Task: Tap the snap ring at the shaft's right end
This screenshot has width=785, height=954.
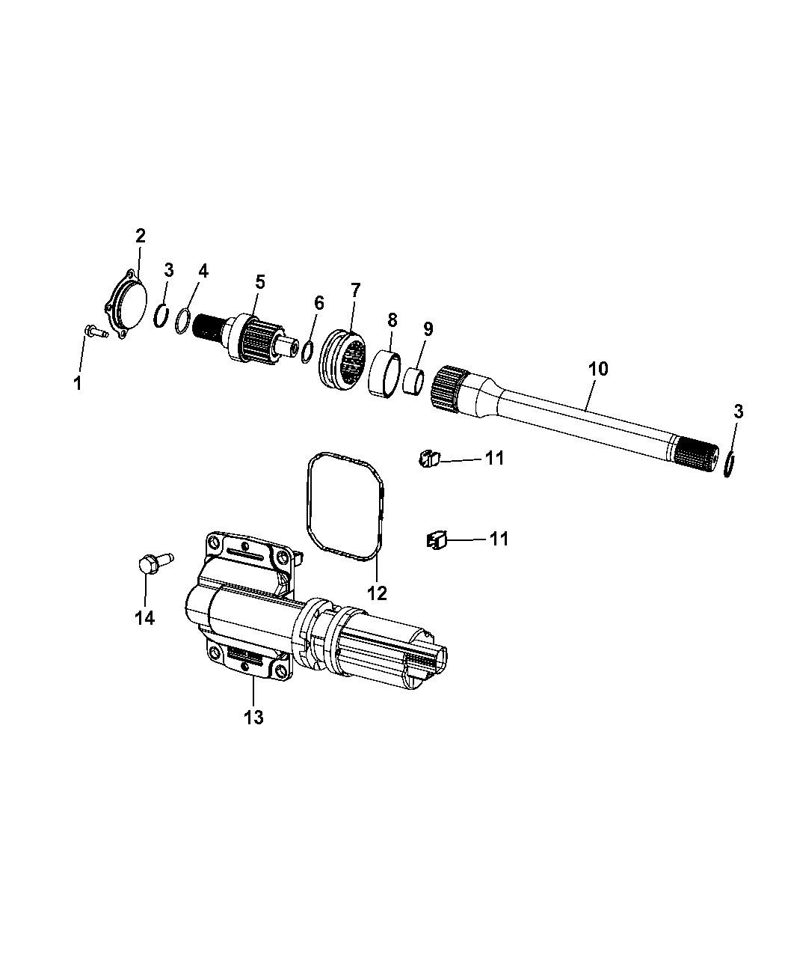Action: pos(730,464)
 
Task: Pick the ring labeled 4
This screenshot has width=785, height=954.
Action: pos(183,325)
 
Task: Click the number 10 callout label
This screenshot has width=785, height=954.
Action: pos(598,368)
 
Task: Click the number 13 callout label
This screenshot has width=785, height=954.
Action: pos(253,717)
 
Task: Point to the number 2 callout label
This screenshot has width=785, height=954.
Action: pos(140,236)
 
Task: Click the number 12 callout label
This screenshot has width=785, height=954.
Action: pos(377,593)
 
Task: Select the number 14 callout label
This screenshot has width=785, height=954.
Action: pos(144,617)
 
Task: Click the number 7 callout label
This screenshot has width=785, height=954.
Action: pos(355,289)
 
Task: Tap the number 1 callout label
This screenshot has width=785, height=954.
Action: pos(78,384)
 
